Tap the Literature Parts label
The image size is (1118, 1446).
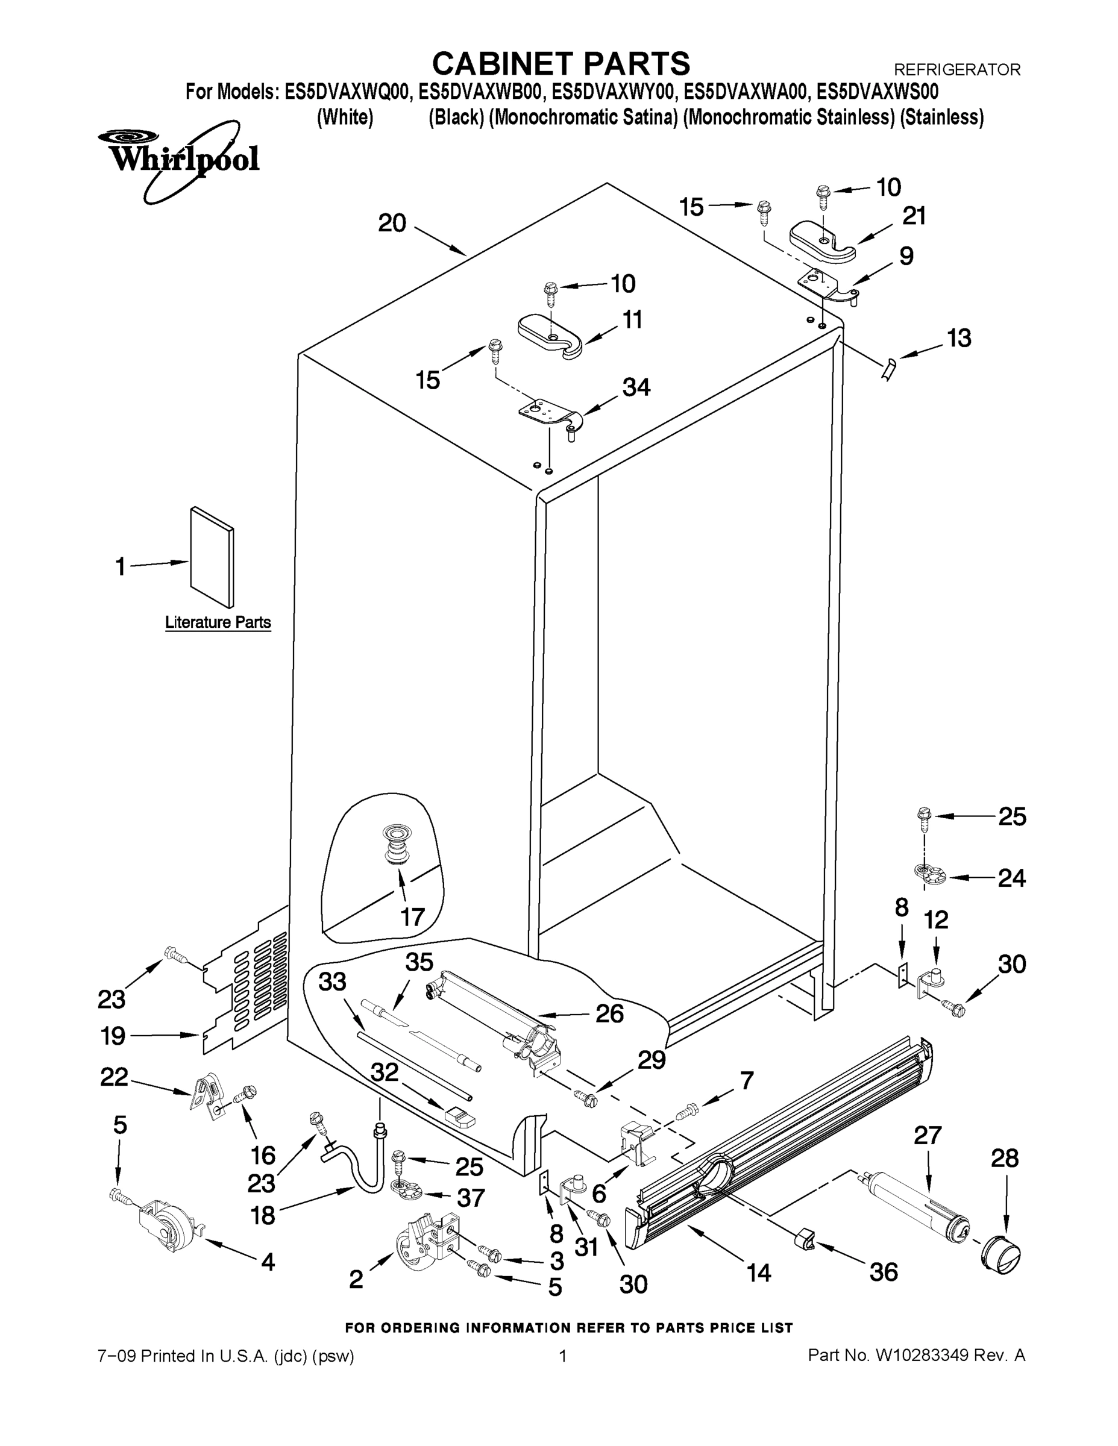pyautogui.click(x=218, y=622)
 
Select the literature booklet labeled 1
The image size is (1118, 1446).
pyautogui.click(x=212, y=557)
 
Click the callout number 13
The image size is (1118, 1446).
pyautogui.click(x=958, y=339)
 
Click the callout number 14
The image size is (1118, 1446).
pyautogui.click(x=758, y=1272)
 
